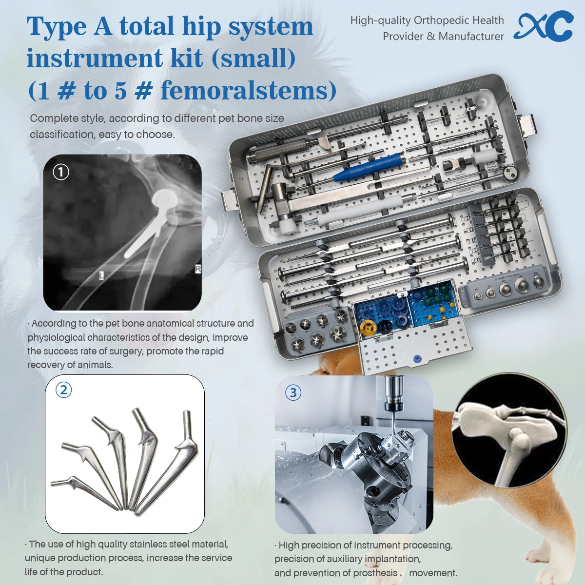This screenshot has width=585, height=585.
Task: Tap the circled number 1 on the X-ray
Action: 61,172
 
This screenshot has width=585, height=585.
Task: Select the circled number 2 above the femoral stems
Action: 63,390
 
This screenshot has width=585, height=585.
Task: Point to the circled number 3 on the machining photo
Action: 293,392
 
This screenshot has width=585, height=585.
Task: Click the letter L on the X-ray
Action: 101,275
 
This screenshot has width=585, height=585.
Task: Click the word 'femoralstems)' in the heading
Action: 249,90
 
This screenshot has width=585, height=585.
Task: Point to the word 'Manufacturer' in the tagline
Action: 471,37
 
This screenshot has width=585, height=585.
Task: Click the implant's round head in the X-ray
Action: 165,197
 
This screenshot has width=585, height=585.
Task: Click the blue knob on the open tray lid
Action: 416,359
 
